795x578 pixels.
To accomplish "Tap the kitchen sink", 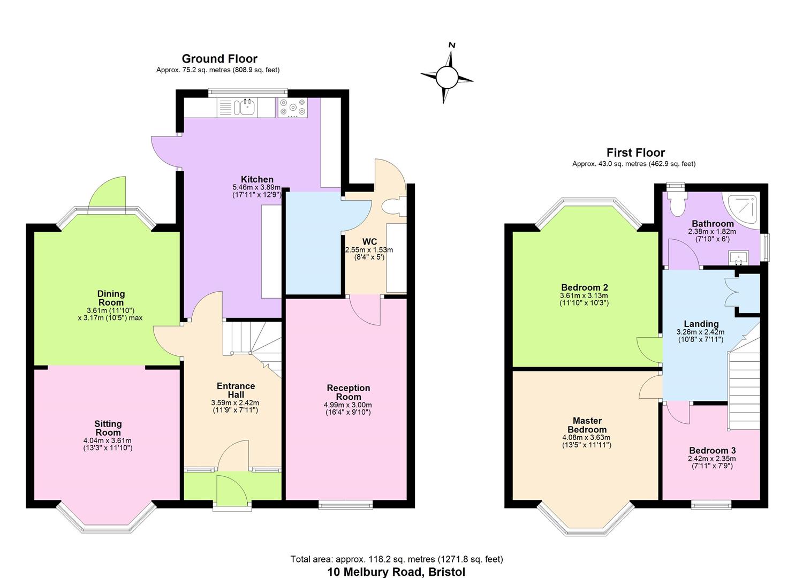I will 247,108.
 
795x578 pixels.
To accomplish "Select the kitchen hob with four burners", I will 292,108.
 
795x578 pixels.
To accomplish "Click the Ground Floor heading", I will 219,59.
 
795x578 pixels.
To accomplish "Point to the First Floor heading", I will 635,153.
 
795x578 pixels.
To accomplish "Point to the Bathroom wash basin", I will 739,258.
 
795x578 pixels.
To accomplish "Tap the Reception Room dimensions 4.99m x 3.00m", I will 348,405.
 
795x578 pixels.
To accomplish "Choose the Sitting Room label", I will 108,428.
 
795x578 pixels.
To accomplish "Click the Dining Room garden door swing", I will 107,195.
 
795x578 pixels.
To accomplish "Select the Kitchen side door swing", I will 165,151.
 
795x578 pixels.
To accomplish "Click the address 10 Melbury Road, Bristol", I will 397,572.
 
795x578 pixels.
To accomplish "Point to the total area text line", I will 397,559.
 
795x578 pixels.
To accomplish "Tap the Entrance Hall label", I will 236,390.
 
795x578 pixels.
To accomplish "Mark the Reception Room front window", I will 345,504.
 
